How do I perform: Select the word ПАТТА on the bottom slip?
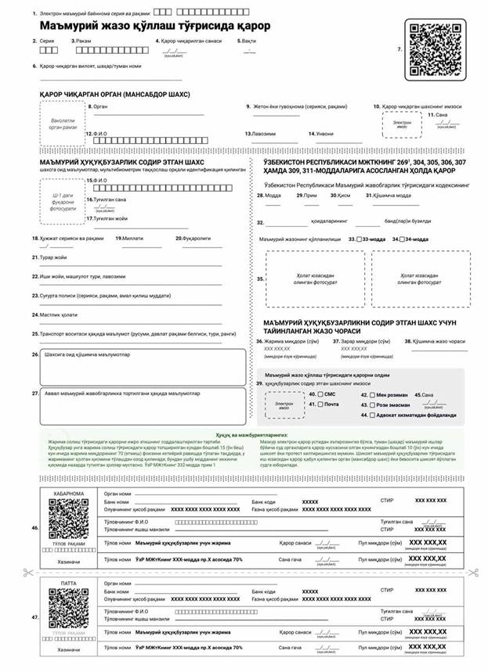(69, 583)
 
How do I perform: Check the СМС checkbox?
(321, 395)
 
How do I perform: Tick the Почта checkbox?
(321, 404)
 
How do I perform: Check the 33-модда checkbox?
(359, 239)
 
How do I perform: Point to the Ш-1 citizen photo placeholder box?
(63, 199)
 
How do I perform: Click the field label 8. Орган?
(99, 106)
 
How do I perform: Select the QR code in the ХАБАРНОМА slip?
(69, 523)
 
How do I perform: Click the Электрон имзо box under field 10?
(402, 124)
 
